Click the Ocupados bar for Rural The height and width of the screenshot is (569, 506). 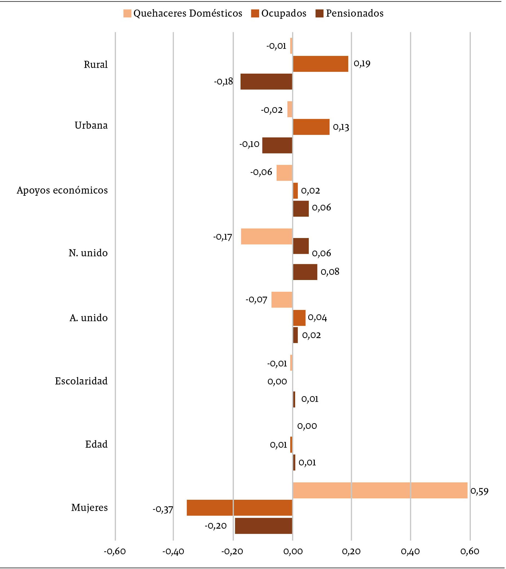click(x=321, y=64)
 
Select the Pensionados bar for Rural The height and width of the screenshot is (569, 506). click(x=266, y=82)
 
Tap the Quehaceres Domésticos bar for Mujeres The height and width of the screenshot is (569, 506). click(x=380, y=490)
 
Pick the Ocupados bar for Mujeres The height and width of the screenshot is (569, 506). click(x=239, y=508)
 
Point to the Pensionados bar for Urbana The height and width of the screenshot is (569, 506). click(x=277, y=145)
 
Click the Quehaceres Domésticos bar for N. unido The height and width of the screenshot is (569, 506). click(x=267, y=236)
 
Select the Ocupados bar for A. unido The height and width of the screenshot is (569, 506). click(x=299, y=318)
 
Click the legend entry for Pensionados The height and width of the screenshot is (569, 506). click(x=349, y=13)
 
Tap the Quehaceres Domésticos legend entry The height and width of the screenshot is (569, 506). click(x=183, y=13)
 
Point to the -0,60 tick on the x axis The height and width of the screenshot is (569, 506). click(x=115, y=551)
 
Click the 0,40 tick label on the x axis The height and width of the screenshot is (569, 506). click(x=411, y=551)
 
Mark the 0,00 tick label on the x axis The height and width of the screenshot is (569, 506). click(x=292, y=551)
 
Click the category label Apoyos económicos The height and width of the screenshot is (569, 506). click(x=62, y=190)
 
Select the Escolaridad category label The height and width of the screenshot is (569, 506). click(x=81, y=381)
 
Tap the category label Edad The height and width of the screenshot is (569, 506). click(x=96, y=444)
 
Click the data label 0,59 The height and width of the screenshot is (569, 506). click(x=479, y=491)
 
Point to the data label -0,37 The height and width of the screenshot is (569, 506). click(x=163, y=509)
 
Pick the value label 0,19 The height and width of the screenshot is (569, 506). click(x=362, y=64)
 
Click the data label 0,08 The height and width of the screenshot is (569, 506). click(x=330, y=272)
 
